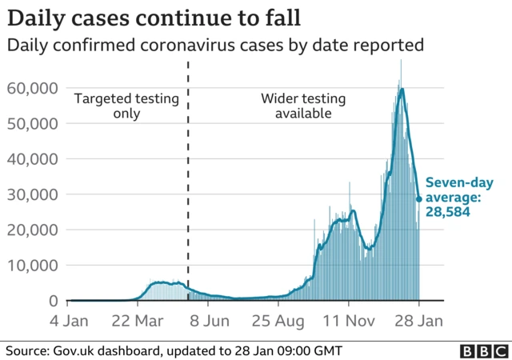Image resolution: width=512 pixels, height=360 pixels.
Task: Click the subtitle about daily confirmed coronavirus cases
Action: point(215,46)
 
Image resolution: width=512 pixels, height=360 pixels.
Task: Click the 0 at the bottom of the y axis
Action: point(52,300)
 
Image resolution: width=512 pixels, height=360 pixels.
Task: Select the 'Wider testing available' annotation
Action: point(303,106)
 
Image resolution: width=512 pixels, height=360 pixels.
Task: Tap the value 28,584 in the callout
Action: point(446,214)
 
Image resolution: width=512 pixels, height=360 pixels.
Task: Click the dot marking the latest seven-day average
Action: point(418,199)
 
